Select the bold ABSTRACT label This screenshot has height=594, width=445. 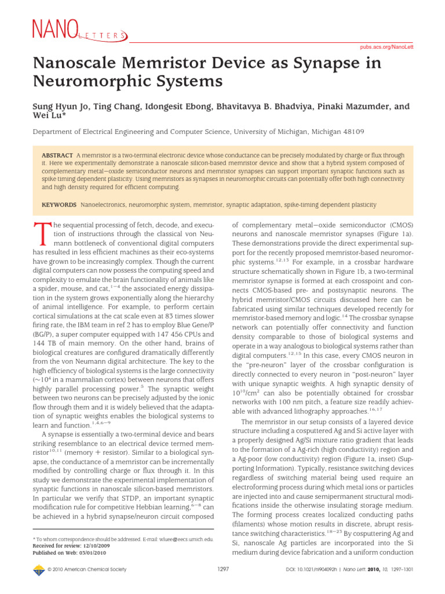[x=57, y=156]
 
